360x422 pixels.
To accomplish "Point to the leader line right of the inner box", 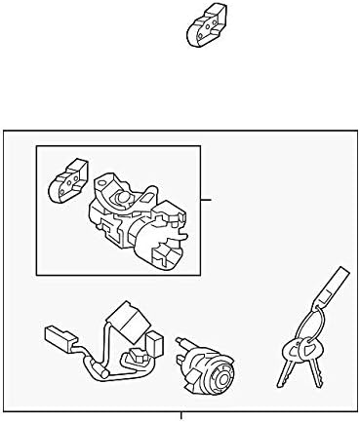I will (207, 199).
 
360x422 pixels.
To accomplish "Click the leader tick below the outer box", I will (180, 416).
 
